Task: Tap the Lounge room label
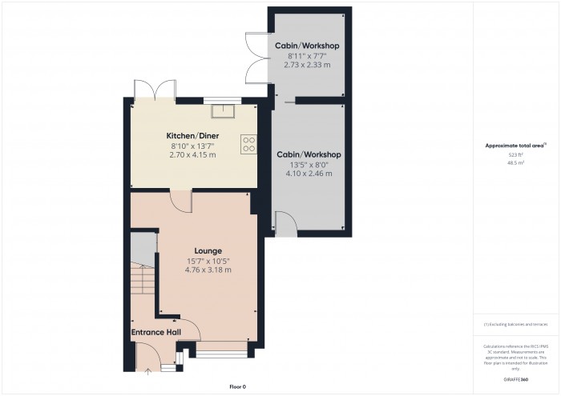point(207,250)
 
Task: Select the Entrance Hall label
point(155,332)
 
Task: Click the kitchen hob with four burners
point(248,143)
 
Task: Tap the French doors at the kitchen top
point(155,89)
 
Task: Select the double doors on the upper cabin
point(255,61)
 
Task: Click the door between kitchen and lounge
point(181,201)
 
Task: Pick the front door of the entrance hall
point(147,355)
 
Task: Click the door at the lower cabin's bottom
point(285,224)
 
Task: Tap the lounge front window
point(220,349)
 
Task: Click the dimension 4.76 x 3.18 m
point(207,270)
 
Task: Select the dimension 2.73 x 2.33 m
point(307,65)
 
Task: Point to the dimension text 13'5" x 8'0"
point(309,163)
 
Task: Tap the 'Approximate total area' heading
point(515,146)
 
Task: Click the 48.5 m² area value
point(515,162)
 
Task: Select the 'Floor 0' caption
point(238,386)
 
